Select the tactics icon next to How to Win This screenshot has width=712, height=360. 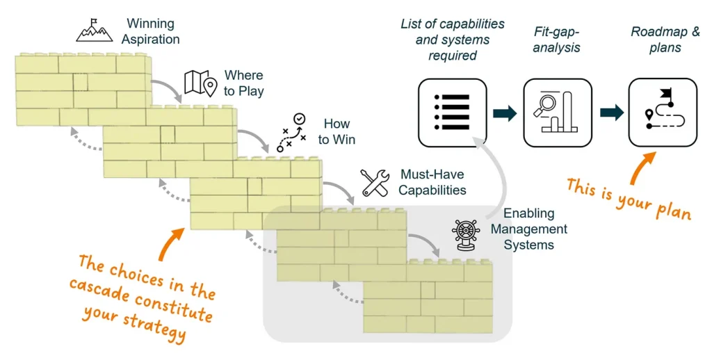(293, 131)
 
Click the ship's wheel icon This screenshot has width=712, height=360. (466, 234)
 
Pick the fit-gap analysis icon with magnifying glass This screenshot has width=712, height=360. (557, 112)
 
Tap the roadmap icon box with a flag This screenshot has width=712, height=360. (662, 112)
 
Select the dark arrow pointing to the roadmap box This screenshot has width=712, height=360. (610, 113)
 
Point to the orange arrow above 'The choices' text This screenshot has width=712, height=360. (171, 243)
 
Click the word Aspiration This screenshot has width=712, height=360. (150, 39)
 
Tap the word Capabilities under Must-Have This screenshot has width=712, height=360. (432, 189)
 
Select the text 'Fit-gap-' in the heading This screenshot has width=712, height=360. (556, 32)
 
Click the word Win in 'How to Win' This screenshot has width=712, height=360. (344, 139)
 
